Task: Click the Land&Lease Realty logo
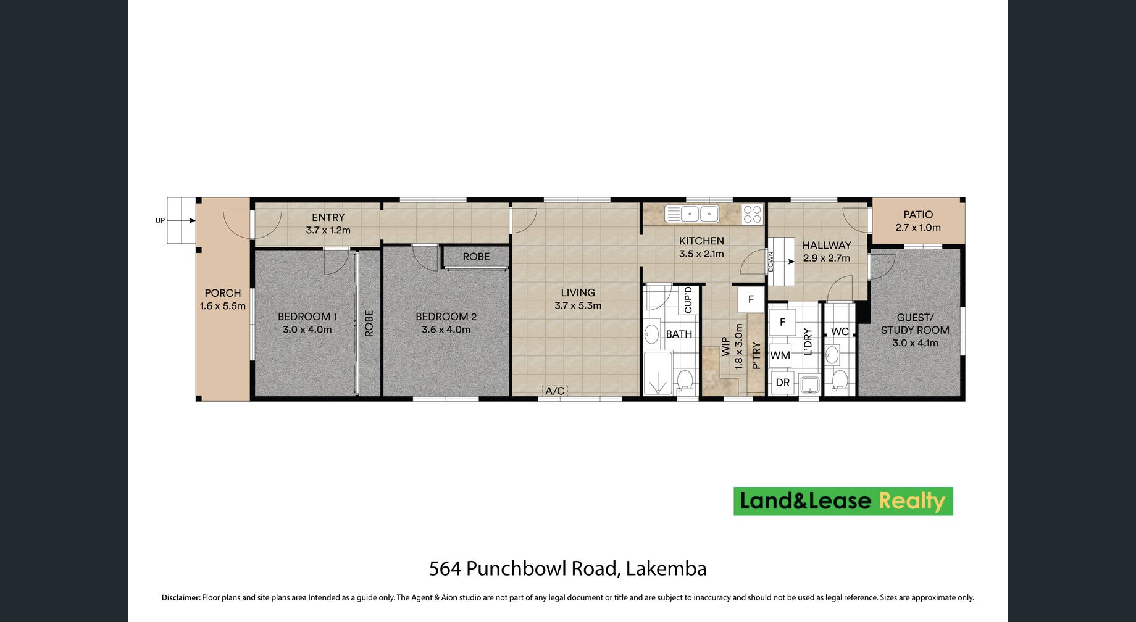pyautogui.click(x=843, y=501)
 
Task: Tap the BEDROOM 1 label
pyautogui.click(x=307, y=317)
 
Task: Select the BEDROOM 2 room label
pyautogui.click(x=446, y=317)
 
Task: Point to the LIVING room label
pyautogui.click(x=578, y=293)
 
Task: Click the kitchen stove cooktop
pyautogui.click(x=752, y=214)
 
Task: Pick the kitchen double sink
pyautogui.click(x=692, y=214)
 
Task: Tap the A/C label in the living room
pyautogui.click(x=554, y=391)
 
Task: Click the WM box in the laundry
pyautogui.click(x=780, y=355)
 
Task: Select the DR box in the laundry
pyautogui.click(x=782, y=383)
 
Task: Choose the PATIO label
pyautogui.click(x=918, y=215)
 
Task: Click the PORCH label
pyautogui.click(x=223, y=293)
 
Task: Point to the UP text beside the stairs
pyautogui.click(x=161, y=221)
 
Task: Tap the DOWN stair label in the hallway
pyautogui.click(x=771, y=262)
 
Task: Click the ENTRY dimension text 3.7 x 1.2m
pyautogui.click(x=328, y=230)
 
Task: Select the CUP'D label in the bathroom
pyautogui.click(x=688, y=300)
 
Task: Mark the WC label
pyautogui.click(x=840, y=331)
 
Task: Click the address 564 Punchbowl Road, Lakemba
pyautogui.click(x=568, y=568)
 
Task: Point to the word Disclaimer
pyautogui.click(x=181, y=597)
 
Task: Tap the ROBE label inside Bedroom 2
pyautogui.click(x=476, y=257)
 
